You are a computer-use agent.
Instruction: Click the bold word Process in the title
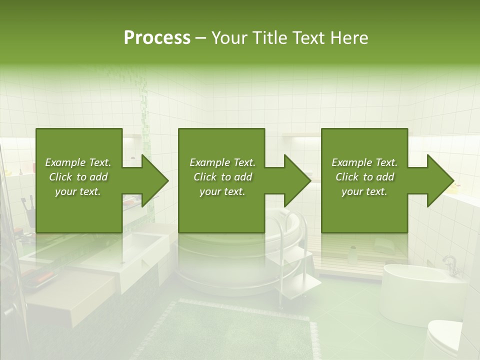(157, 38)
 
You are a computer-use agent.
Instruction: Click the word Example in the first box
(64, 162)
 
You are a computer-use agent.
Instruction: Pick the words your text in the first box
(77, 191)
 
